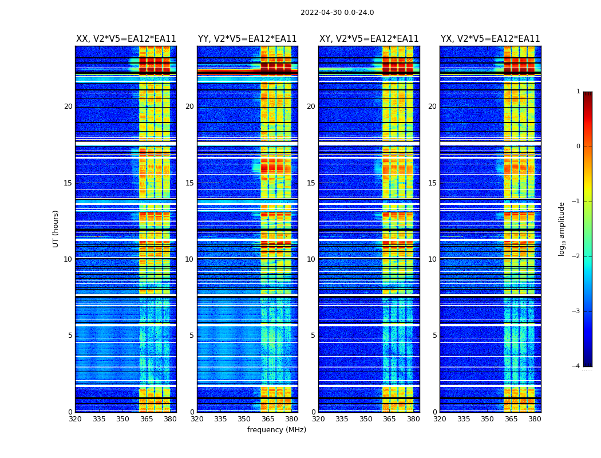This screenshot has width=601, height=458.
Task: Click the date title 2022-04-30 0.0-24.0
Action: click(337, 13)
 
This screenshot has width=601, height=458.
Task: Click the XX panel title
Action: click(126, 39)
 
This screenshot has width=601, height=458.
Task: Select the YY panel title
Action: click(247, 39)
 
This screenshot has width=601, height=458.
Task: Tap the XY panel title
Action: click(369, 39)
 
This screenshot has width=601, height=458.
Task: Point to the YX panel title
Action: click(490, 39)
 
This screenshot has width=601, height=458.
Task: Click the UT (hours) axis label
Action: click(56, 228)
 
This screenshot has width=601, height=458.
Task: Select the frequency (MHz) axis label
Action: click(276, 430)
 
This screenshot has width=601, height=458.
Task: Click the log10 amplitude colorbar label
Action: click(562, 228)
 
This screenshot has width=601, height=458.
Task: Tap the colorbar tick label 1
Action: click(578, 92)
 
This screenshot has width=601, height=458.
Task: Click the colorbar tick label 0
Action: click(578, 147)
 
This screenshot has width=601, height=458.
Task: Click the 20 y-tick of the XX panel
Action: click(68, 106)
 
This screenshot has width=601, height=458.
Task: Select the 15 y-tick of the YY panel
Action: click(189, 183)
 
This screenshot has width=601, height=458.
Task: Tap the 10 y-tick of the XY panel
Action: click(311, 259)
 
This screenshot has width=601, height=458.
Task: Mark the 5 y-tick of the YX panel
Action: click(434, 335)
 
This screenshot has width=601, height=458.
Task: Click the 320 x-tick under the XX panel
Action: click(75, 419)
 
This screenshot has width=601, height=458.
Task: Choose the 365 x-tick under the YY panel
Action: click(268, 419)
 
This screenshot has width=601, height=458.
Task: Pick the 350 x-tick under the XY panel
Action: click(366, 419)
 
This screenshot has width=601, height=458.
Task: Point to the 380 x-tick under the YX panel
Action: click(535, 419)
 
